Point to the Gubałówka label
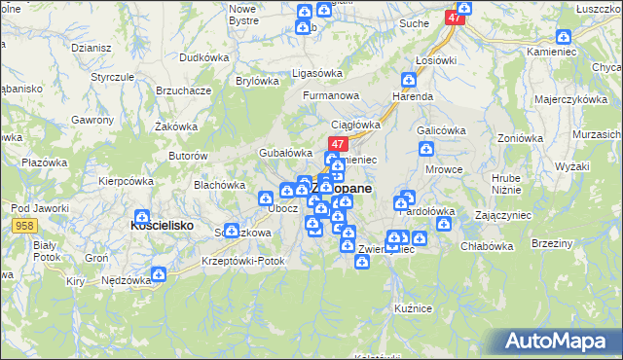coord(283,153)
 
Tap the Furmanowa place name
coord(331,95)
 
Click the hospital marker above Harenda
coord(409,79)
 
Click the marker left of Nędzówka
coord(158,275)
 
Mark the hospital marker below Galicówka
coord(426,149)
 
